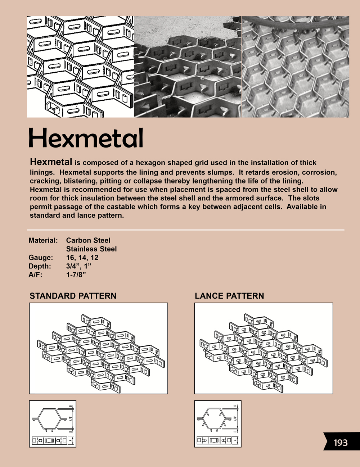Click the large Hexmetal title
point(86,138)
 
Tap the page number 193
point(340,442)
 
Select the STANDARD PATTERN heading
point(73,296)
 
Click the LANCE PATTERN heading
point(229,296)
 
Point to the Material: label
point(43,240)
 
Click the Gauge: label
point(41,258)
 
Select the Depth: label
point(40,266)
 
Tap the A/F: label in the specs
point(37,275)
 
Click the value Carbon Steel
point(88,240)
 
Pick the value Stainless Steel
point(91,249)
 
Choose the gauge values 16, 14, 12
point(82,258)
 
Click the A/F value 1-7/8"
point(76,275)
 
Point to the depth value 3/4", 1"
point(79,266)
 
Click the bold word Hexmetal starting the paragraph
point(51,162)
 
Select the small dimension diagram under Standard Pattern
point(53,424)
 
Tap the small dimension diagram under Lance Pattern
point(218,424)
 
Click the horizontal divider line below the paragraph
point(185,230)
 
